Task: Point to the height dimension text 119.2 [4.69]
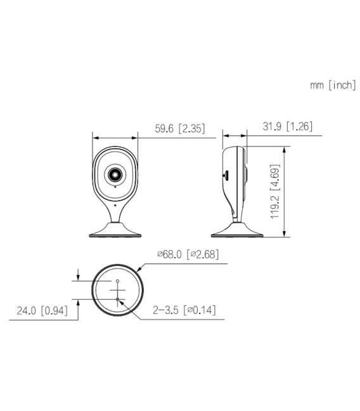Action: click(274, 192)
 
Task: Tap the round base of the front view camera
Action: click(115, 232)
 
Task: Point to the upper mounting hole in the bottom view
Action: click(118, 281)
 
